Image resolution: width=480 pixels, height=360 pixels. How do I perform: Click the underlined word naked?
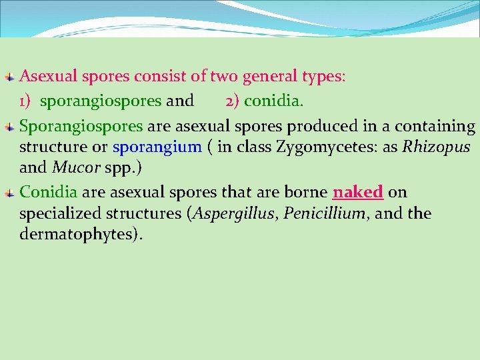point(358,193)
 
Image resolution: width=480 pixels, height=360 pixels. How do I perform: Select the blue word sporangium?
point(157,147)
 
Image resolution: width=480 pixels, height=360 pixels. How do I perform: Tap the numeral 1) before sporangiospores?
point(27,101)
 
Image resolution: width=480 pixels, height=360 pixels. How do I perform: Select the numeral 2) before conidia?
point(232,101)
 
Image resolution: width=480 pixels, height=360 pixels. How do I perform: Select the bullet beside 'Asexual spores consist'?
point(8,77)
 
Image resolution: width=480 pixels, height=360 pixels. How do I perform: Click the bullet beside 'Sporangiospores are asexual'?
point(8,127)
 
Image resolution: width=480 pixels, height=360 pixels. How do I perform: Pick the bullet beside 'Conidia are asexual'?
point(8,193)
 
